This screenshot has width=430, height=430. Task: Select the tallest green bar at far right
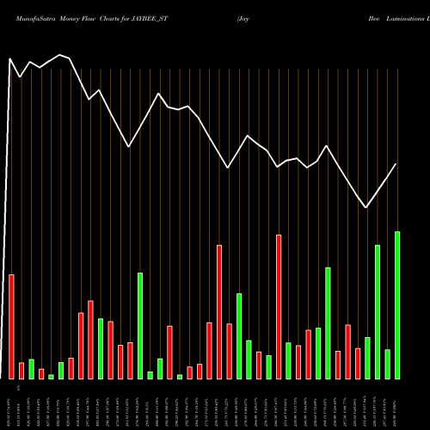click(397, 305)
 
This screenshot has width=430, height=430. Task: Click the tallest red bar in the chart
click(279, 307)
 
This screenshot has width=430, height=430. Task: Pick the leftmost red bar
click(11, 327)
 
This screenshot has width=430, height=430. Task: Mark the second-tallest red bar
click(219, 312)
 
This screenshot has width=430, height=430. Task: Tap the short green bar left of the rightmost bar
click(387, 364)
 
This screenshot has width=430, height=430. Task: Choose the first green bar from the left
click(31, 369)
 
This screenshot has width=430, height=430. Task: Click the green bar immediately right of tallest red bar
click(288, 360)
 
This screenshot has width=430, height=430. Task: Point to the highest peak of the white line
click(60, 55)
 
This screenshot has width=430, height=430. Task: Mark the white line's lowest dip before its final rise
click(366, 207)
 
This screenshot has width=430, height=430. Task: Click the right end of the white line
click(396, 164)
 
